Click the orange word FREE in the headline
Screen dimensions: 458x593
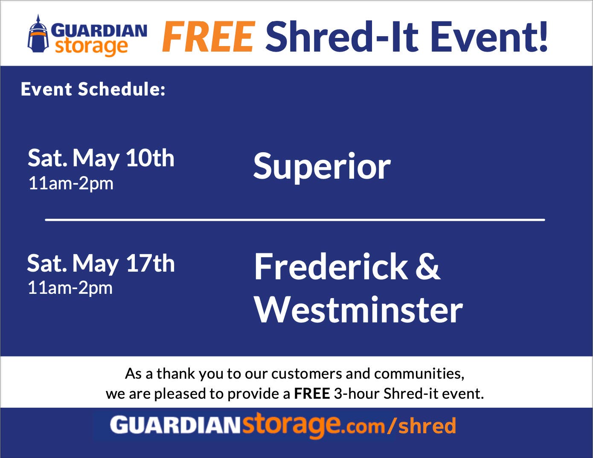tap(208, 37)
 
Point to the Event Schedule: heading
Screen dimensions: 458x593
tap(93, 90)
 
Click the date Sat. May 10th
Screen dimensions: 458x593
tap(101, 158)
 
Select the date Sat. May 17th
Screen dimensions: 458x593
tap(101, 263)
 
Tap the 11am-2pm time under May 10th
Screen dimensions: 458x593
tap(71, 183)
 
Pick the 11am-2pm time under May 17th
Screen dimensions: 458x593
tap(70, 288)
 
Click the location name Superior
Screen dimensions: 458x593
tap(322, 166)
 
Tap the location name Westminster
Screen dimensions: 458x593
tap(358, 310)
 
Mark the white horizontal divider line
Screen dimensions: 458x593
tap(295, 220)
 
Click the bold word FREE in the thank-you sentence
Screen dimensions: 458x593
tap(312, 393)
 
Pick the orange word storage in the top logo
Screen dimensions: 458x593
tap(91, 46)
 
